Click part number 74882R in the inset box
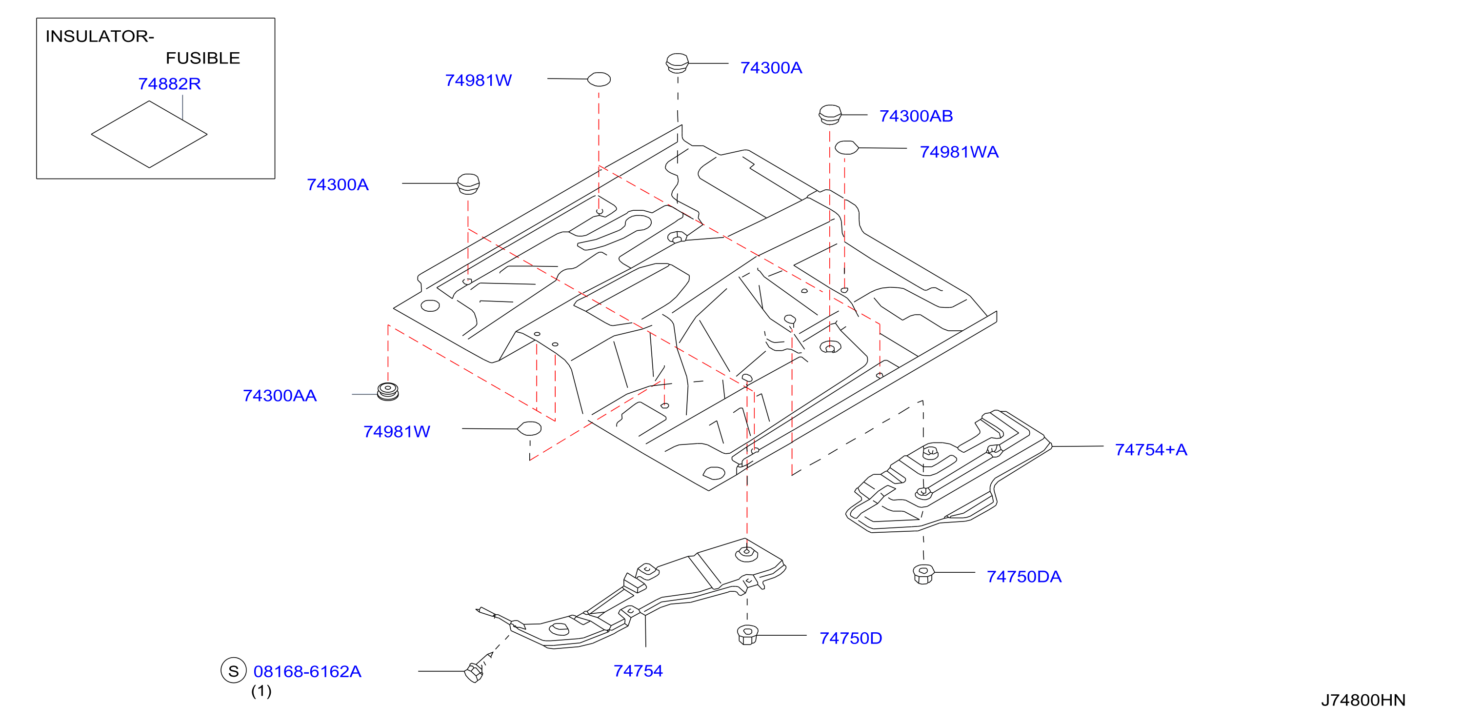pyautogui.click(x=169, y=84)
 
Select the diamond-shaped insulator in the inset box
pyautogui.click(x=149, y=135)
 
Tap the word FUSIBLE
pyautogui.click(x=202, y=58)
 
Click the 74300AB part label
pyautogui.click(x=916, y=116)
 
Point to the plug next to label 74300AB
pyautogui.click(x=830, y=115)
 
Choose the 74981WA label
pyautogui.click(x=959, y=152)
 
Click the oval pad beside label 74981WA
pyautogui.click(x=846, y=147)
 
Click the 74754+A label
pyautogui.click(x=1150, y=449)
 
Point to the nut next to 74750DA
pyautogui.click(x=923, y=574)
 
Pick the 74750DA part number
pyautogui.click(x=1023, y=577)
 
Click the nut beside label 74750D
pyautogui.click(x=747, y=634)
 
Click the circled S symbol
pyautogui.click(x=233, y=671)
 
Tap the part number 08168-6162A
pyautogui.click(x=307, y=672)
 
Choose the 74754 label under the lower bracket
pyautogui.click(x=638, y=671)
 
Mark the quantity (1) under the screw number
pyautogui.click(x=261, y=691)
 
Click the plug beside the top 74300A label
pyautogui.click(x=677, y=63)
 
